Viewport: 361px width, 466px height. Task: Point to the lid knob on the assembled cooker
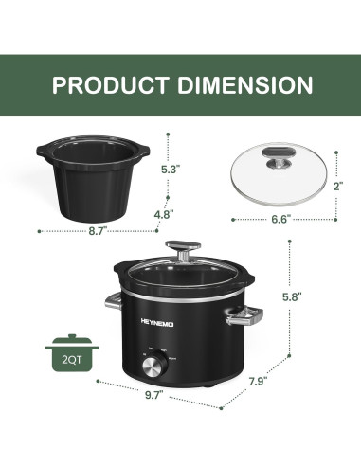pos(179,249)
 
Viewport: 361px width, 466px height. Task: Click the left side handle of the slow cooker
pos(110,302)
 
